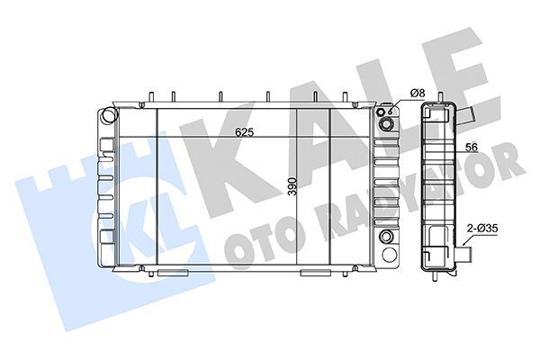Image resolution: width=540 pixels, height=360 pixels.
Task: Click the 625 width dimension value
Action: (244, 132)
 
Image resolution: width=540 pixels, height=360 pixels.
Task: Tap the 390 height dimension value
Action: (292, 186)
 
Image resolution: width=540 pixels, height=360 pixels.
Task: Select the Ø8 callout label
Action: (418, 93)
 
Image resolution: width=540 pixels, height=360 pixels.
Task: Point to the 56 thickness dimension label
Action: (472, 148)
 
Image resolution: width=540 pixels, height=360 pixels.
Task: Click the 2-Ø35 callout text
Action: (482, 228)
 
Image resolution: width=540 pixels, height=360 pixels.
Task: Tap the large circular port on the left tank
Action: (109, 115)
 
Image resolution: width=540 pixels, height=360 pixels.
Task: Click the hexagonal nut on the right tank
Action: (381, 112)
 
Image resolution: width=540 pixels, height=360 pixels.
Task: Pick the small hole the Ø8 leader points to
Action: (391, 112)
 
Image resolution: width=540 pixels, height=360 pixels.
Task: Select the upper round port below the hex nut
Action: (385, 124)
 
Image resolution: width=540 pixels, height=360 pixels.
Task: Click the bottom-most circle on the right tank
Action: (389, 255)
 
